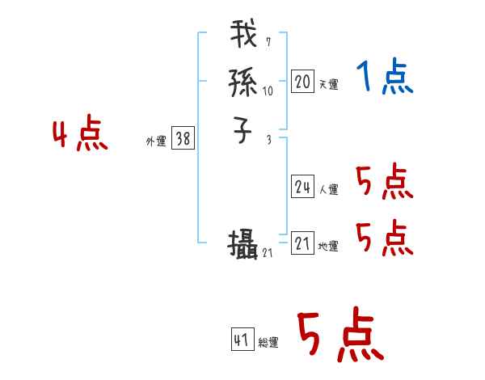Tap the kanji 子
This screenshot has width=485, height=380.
pyautogui.click(x=243, y=130)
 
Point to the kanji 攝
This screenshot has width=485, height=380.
pyautogui.click(x=243, y=244)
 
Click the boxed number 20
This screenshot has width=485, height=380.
pyautogui.click(x=302, y=82)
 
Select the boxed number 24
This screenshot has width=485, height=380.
pyautogui.click(x=302, y=188)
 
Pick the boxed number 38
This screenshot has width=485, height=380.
pyautogui.click(x=183, y=139)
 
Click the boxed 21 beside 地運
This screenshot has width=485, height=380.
pyautogui.click(x=302, y=244)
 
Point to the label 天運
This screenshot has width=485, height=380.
pyautogui.click(x=328, y=84)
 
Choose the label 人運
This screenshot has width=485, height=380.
pyautogui.click(x=328, y=190)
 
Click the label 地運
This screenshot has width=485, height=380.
pyautogui.click(x=328, y=247)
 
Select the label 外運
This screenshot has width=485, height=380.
pyautogui.click(x=156, y=141)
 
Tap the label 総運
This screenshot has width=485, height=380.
pyautogui.click(x=268, y=343)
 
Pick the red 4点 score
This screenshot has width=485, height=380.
pyautogui.click(x=80, y=135)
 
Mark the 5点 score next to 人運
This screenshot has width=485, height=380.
pyautogui.click(x=384, y=183)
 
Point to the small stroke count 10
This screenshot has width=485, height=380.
pyautogui.click(x=268, y=91)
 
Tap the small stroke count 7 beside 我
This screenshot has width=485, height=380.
pyautogui.click(x=268, y=42)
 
